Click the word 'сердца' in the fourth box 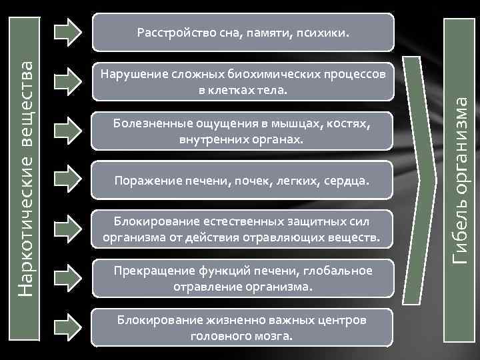[348, 181]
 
